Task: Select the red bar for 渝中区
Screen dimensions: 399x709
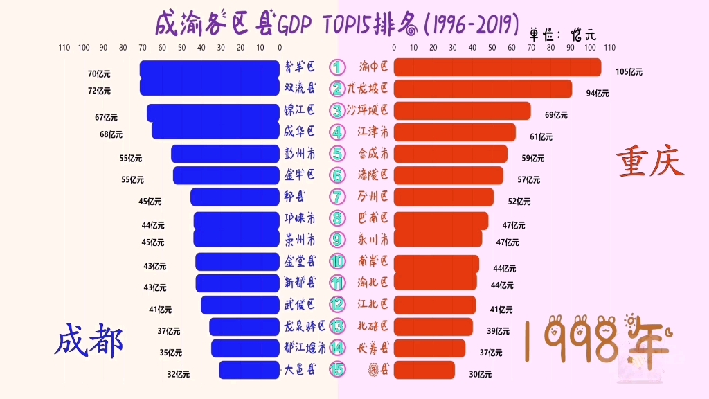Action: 497,67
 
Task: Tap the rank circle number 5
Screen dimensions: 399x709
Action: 336,153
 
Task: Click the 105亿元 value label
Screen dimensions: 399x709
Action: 629,71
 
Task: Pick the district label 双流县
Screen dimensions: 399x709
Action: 299,88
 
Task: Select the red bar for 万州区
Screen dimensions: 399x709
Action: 444,197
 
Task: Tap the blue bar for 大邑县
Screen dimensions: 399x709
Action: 249,370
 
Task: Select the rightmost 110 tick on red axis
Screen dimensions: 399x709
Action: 609,48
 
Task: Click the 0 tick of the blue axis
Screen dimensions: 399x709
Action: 279,48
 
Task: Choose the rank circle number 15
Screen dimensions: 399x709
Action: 336,369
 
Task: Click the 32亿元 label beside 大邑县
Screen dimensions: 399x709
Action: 178,374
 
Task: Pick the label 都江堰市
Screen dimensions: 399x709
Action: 305,347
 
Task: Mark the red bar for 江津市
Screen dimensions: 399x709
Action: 455,132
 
